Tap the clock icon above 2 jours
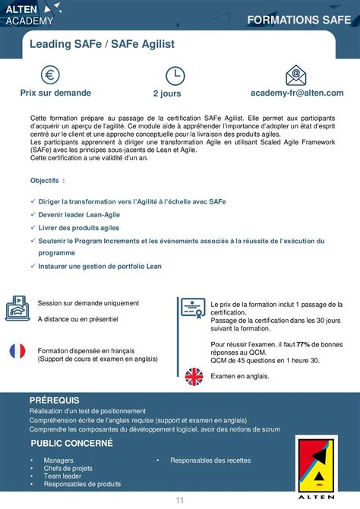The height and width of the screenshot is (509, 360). click(x=175, y=75)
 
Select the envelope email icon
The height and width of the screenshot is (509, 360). click(x=296, y=75)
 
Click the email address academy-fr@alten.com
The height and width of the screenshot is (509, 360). click(x=297, y=93)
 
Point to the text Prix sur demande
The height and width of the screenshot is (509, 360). click(x=55, y=93)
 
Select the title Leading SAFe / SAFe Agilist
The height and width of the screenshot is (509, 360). click(x=102, y=45)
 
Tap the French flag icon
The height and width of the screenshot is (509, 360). click(x=17, y=350)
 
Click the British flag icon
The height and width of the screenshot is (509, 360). click(x=194, y=375)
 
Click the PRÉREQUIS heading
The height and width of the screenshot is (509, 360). click(x=54, y=400)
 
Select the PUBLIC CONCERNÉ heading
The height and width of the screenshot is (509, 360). click(x=71, y=442)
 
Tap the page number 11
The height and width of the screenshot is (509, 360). click(x=180, y=499)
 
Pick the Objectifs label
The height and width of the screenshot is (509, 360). click(x=47, y=182)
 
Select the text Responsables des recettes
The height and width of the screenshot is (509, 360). click(x=210, y=460)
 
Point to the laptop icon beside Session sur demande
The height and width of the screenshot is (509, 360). click(x=17, y=308)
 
